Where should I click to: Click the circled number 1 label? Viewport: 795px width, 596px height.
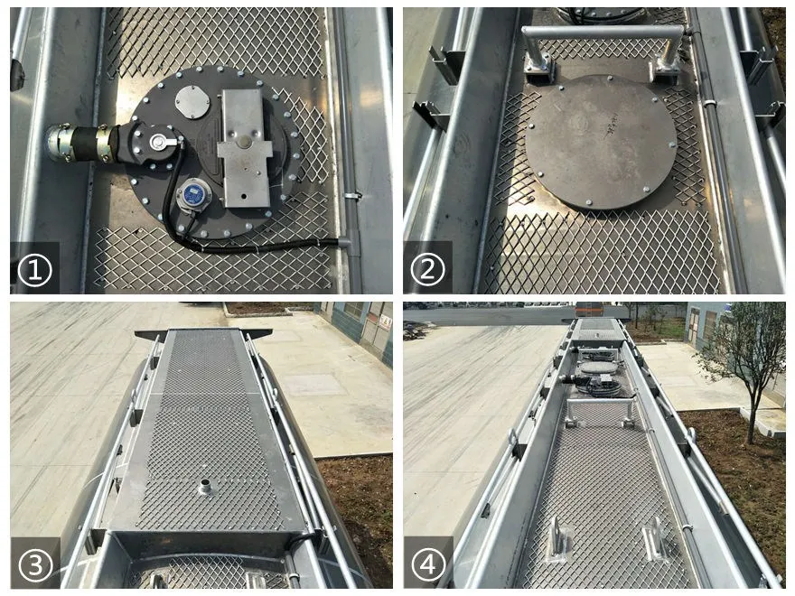34,269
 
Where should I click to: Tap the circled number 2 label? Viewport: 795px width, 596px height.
428,269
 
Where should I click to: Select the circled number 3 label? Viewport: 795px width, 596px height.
34,564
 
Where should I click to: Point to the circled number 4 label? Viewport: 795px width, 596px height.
428,564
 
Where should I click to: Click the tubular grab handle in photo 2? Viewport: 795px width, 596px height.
603,33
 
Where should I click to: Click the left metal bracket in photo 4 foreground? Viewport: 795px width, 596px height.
557,540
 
